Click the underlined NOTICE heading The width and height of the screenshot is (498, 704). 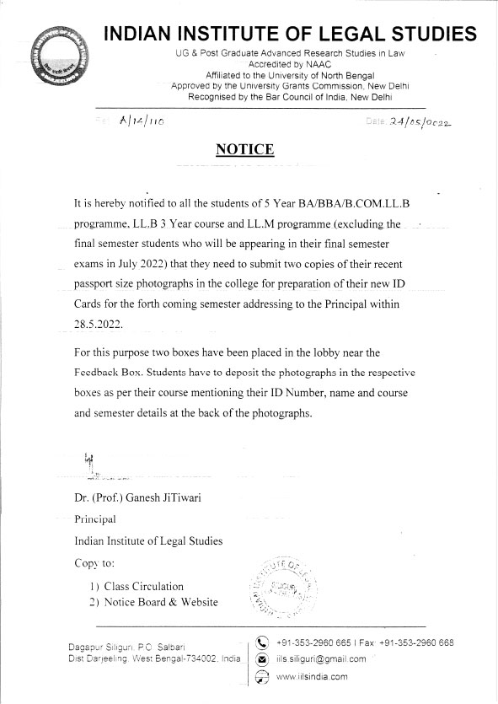click(245, 150)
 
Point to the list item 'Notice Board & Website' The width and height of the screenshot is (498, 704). click(161, 602)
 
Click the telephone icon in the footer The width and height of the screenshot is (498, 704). click(261, 643)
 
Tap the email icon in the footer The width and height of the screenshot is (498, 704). click(261, 659)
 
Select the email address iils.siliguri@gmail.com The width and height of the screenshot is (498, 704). click(321, 659)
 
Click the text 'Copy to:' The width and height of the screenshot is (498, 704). click(95, 562)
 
